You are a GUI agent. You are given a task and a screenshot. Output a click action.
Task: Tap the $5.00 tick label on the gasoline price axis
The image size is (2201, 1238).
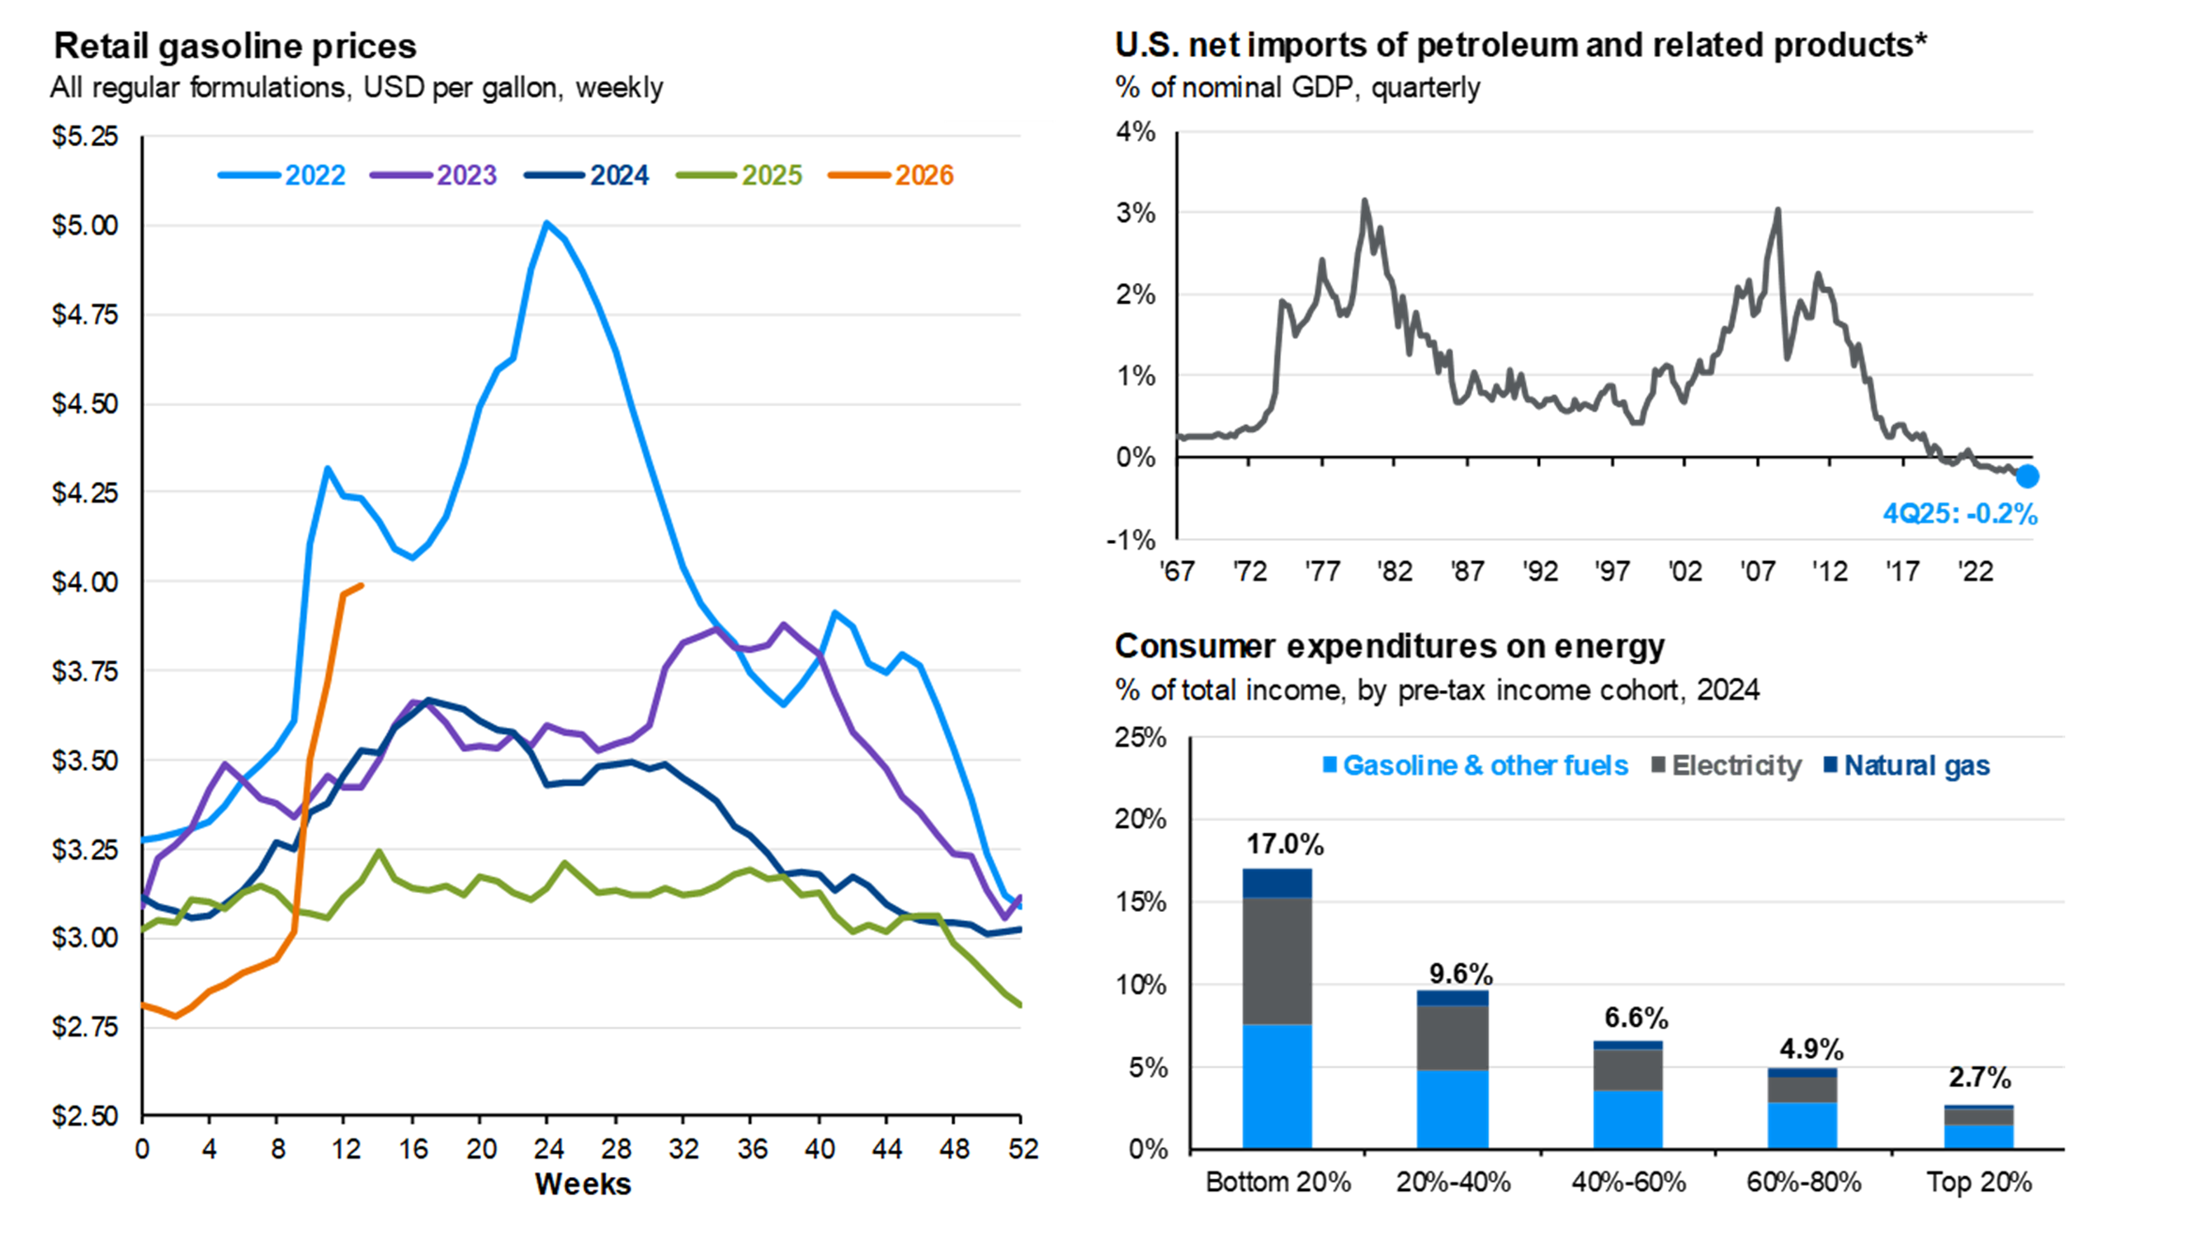pos(84,225)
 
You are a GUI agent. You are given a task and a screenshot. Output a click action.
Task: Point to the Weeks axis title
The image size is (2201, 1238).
pos(583,1184)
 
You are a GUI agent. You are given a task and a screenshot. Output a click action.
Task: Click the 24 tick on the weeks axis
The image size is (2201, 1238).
pos(548,1148)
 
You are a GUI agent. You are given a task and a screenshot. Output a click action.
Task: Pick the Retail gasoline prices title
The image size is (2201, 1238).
pos(235,46)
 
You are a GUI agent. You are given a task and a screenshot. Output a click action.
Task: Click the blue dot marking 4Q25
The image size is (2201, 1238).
pos(2027,476)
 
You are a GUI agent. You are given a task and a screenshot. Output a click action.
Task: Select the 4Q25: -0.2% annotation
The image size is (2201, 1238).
pos(1959,513)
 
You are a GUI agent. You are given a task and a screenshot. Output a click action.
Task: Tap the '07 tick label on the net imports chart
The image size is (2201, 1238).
pos(1757,571)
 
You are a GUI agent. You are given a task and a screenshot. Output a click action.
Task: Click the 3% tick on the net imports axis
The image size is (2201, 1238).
pos(1136,213)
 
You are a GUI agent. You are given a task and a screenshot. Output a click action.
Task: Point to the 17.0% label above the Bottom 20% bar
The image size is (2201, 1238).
pos(1284,844)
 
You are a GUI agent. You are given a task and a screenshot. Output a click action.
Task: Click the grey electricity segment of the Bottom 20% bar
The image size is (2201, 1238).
pos(1277,961)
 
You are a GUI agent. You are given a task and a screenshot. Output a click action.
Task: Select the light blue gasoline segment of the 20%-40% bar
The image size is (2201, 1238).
pos(1452,1108)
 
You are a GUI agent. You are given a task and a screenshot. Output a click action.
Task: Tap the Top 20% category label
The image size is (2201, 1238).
pos(1978,1183)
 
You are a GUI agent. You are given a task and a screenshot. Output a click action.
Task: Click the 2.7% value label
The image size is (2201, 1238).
pos(1979,1077)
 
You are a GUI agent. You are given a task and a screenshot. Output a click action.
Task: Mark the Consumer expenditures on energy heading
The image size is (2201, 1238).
pos(1389,647)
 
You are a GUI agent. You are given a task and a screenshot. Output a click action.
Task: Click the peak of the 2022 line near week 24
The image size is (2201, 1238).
pos(547,223)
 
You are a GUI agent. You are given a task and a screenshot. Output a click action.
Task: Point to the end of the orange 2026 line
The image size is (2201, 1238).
pos(362,585)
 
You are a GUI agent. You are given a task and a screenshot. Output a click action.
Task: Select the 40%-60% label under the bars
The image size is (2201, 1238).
pos(1628,1183)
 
